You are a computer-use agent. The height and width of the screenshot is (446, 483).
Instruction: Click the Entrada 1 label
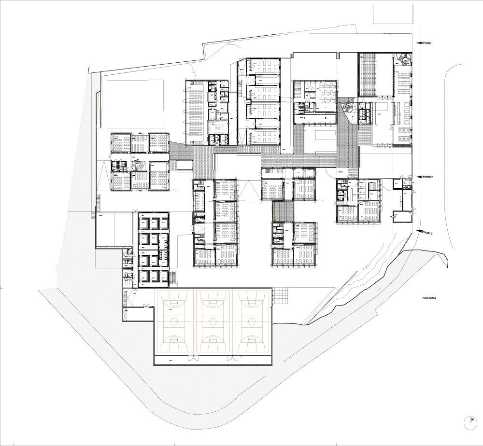point(426,43)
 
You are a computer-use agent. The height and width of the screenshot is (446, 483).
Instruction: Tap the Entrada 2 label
point(426,177)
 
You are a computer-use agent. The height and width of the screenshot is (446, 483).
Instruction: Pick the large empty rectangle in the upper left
point(134,104)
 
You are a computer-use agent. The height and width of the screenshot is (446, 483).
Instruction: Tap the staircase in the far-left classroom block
point(138,165)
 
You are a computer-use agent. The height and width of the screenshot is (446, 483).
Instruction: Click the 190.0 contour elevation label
point(366,267)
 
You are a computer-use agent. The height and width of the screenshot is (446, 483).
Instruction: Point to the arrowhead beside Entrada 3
point(419,231)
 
